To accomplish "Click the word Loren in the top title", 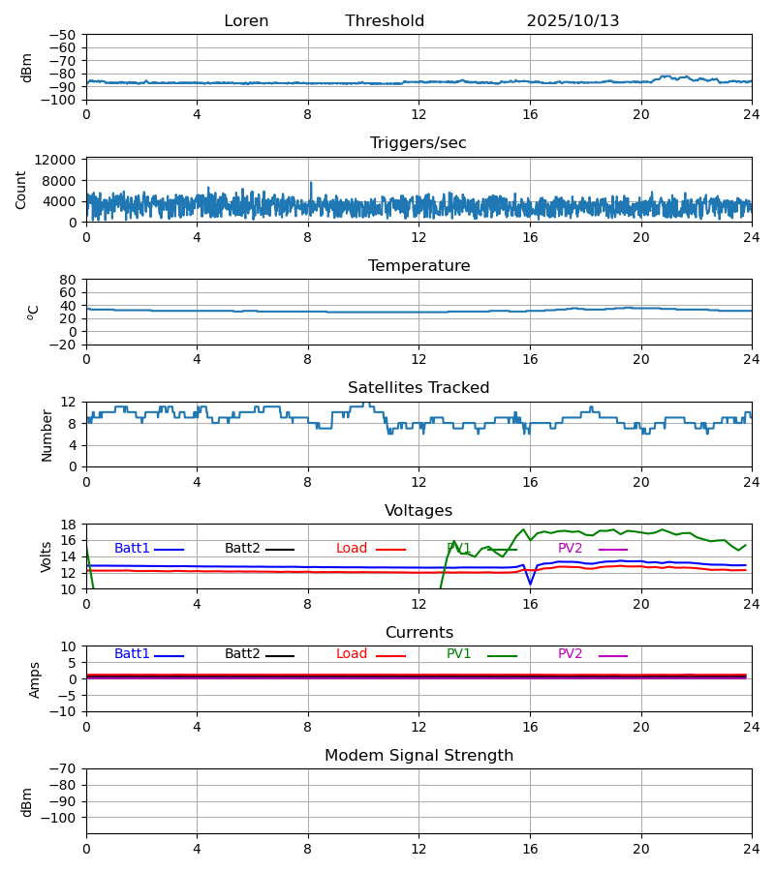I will (x=246, y=21).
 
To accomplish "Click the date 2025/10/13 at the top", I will (x=573, y=21).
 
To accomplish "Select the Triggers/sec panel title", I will (x=418, y=143).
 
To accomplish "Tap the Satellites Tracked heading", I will (x=418, y=388).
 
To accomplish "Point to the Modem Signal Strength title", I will (x=418, y=756).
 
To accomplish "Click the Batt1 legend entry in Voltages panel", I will (x=133, y=549).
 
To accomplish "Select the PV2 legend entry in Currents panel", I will (x=571, y=654).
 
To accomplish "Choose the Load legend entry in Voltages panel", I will (x=353, y=549).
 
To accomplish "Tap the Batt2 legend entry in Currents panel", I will (x=243, y=654).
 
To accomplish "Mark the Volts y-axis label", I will (x=46, y=556).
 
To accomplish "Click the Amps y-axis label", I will (x=35, y=679).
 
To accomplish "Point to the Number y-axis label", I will (x=46, y=435).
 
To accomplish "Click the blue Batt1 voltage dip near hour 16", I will (x=530, y=583).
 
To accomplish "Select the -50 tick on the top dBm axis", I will (x=63, y=35).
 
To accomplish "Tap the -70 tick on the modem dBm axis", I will (x=63, y=769).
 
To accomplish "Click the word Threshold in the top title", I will (x=385, y=21).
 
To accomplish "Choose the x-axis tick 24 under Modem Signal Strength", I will (x=751, y=849).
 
